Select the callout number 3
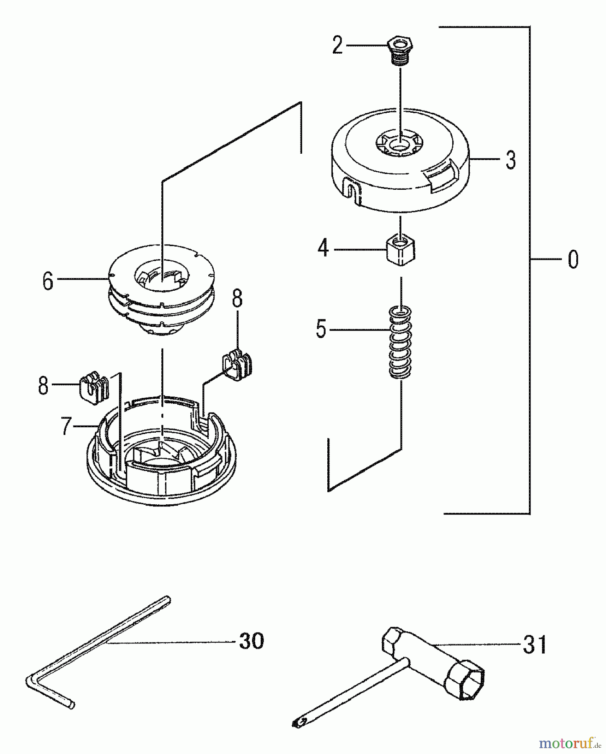[x=510, y=160]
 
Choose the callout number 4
[x=323, y=249]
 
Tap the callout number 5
[x=321, y=329]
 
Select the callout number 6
[x=48, y=281]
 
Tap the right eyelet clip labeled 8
[x=237, y=363]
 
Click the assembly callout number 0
[x=573, y=259]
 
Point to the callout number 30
[x=251, y=641]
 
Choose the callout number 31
[x=535, y=645]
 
